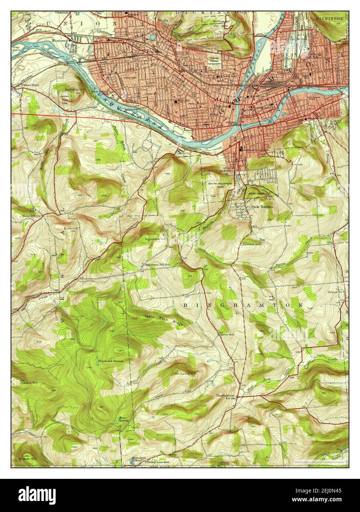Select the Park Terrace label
262,207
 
